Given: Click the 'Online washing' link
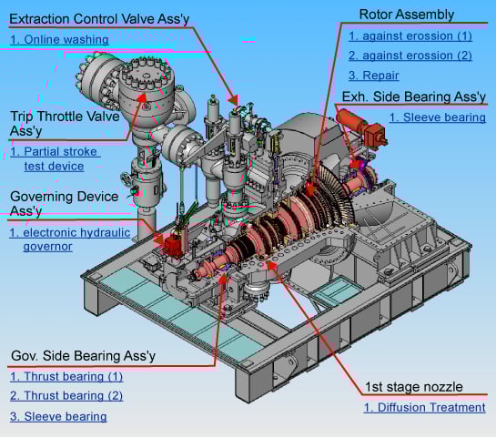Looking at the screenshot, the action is point(59,39).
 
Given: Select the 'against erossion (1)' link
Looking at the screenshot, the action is point(410,36).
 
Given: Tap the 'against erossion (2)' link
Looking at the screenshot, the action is point(410,56).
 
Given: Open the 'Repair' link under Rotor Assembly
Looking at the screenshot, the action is point(373,76).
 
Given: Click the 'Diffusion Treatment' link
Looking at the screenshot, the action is point(424,407).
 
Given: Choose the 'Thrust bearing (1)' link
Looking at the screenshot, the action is point(66,377).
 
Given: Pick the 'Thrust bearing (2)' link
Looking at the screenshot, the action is point(66,396).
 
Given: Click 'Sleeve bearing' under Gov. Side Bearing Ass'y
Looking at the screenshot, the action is point(58,416).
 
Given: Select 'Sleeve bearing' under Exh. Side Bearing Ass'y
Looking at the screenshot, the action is point(438,117).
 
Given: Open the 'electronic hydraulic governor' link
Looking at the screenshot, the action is point(70,239).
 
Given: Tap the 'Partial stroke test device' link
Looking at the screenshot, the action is point(56,158).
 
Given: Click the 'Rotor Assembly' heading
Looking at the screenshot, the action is point(407,15).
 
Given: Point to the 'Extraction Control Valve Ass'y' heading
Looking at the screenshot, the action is point(99,19).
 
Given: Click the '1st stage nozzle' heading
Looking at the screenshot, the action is point(414,387).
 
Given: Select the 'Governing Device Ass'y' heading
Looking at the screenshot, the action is point(65,203).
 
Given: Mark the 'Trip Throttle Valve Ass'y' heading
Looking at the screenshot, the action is point(65,124).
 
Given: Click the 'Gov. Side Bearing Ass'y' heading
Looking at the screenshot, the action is point(83,356).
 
